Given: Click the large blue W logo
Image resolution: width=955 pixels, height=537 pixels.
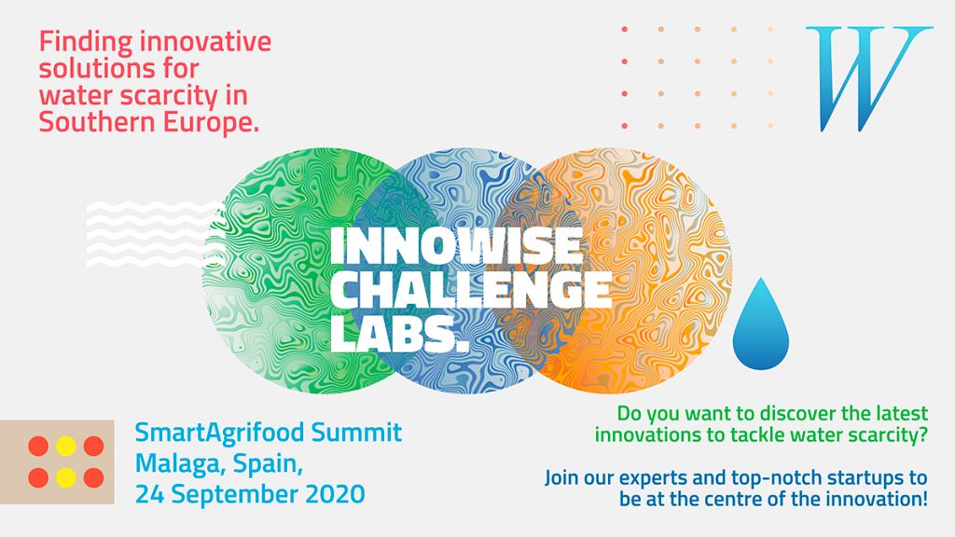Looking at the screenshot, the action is click(x=868, y=78).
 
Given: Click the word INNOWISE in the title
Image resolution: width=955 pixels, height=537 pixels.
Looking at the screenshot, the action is click(x=456, y=245).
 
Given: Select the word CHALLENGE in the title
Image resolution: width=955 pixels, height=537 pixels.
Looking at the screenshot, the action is click(x=471, y=289).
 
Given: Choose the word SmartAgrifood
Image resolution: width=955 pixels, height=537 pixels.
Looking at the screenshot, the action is click(x=219, y=433).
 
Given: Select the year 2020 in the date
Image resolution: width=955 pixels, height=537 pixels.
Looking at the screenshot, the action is click(x=335, y=494).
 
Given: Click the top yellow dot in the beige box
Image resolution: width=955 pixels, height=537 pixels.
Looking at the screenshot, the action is click(x=66, y=447).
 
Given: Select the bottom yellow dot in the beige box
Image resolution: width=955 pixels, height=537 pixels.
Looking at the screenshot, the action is click(x=66, y=478).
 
